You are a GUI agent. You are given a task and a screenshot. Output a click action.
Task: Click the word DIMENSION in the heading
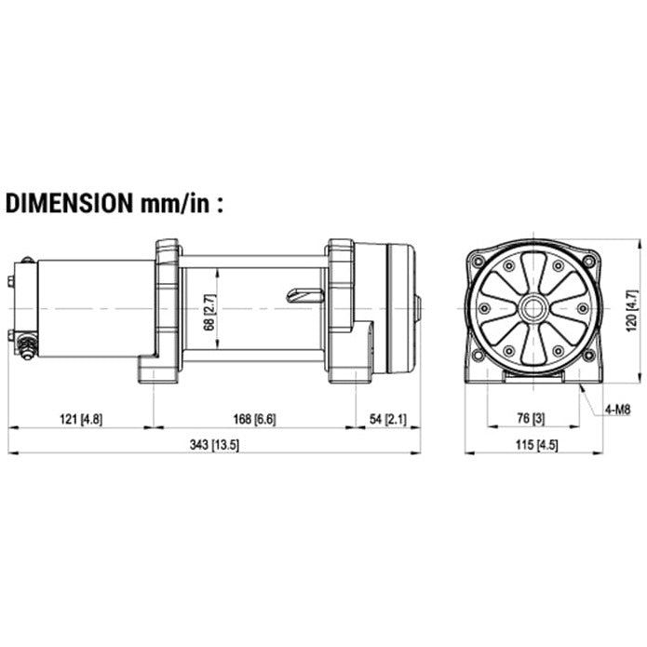point(69,203)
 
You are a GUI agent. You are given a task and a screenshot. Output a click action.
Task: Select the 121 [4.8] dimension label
point(81,419)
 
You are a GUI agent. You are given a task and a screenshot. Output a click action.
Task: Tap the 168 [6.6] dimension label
point(254,419)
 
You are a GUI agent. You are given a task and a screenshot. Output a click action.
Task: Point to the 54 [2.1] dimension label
point(387,419)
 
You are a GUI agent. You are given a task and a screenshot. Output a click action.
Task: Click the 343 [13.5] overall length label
point(214,445)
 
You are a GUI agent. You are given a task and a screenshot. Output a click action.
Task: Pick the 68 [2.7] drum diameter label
point(209,313)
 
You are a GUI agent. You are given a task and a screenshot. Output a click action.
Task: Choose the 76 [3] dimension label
point(531,418)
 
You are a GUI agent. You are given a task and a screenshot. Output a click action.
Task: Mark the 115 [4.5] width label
point(536,445)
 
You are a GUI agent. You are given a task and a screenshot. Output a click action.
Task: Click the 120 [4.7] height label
point(632,311)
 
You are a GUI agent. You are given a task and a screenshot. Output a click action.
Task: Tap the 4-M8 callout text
point(618,410)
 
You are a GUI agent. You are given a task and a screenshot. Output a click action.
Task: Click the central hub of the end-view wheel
point(534,308)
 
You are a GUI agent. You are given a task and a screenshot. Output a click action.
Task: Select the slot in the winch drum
point(304,295)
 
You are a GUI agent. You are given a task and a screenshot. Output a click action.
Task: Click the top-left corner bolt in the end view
point(479,261)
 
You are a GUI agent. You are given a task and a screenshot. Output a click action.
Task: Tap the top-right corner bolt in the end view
point(589,261)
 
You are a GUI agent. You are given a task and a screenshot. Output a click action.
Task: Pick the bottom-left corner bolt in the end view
point(479,356)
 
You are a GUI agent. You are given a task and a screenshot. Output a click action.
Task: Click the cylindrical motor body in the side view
point(97,308)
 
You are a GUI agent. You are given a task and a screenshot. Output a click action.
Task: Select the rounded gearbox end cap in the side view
point(401,308)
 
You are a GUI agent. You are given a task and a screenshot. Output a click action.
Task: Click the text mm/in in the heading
point(176,203)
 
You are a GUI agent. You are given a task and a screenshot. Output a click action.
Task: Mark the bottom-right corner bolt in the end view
point(589,356)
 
